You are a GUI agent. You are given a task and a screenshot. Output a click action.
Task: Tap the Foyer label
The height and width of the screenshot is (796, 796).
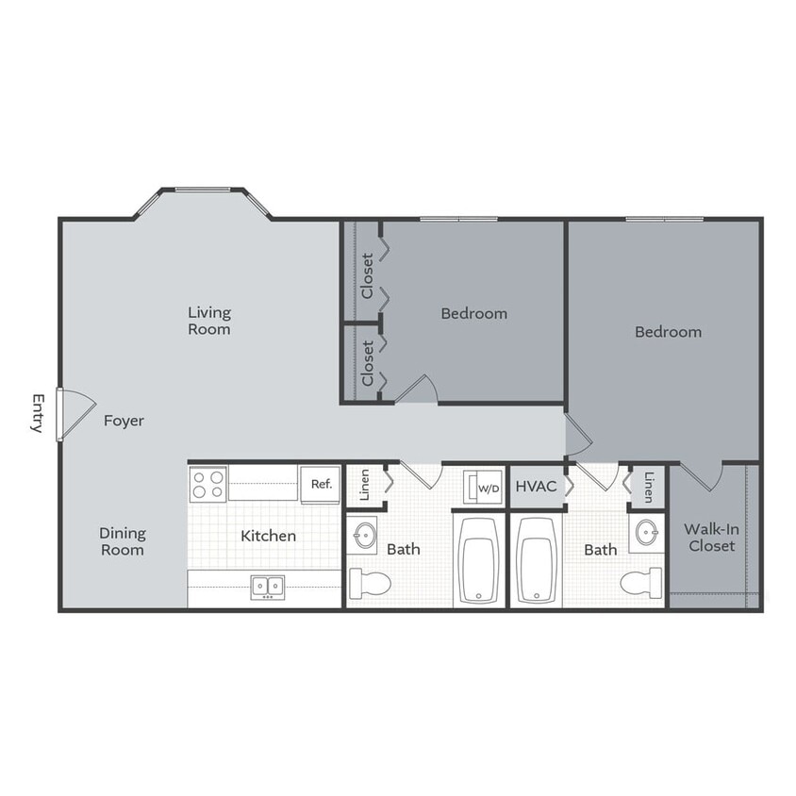124,421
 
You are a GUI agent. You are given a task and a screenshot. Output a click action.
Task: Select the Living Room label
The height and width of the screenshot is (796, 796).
208,321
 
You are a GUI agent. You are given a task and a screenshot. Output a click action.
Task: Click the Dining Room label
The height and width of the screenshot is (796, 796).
123,541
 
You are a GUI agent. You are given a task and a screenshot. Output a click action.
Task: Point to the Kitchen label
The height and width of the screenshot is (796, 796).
268,536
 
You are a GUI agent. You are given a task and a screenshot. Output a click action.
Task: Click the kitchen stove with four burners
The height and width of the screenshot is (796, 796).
208,485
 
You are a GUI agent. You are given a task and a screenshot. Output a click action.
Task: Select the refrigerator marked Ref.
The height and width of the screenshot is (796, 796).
321,484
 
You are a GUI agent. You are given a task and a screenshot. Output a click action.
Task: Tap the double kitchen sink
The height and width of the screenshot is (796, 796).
267,588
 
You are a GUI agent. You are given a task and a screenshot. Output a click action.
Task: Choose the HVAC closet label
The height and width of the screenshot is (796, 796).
536,487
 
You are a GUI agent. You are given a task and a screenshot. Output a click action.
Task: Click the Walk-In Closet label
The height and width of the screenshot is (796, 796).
710,538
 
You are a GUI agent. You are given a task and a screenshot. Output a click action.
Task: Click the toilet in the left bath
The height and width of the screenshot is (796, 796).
368,584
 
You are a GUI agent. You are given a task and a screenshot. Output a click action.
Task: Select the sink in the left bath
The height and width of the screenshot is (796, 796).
364,536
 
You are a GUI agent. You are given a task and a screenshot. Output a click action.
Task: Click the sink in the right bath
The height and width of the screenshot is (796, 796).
647,533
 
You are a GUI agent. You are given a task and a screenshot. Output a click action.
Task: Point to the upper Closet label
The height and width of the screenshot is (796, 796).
367,274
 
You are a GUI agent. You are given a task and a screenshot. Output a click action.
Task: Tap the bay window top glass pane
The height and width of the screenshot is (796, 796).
203,190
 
